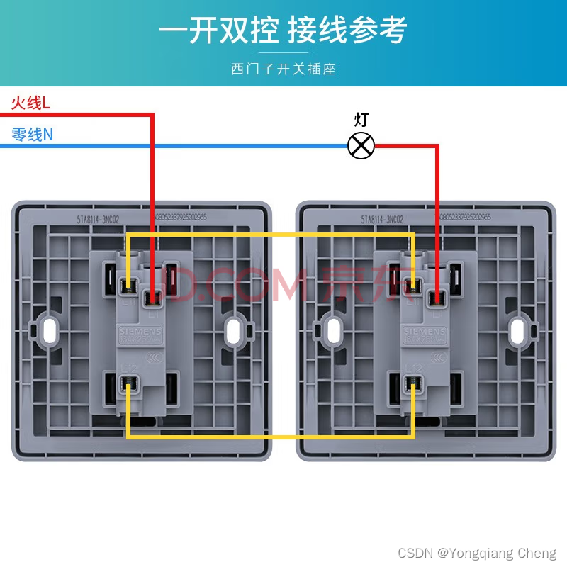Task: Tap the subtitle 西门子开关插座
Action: [x=283, y=69]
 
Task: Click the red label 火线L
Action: [x=30, y=103]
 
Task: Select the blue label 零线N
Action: [x=33, y=134]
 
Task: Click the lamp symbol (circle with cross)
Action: [x=361, y=146]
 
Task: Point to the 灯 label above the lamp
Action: [x=361, y=120]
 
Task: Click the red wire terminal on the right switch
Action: [x=438, y=298]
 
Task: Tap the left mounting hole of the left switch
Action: [x=50, y=329]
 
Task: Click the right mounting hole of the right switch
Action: [x=518, y=329]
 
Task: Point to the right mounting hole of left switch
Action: [x=233, y=329]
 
